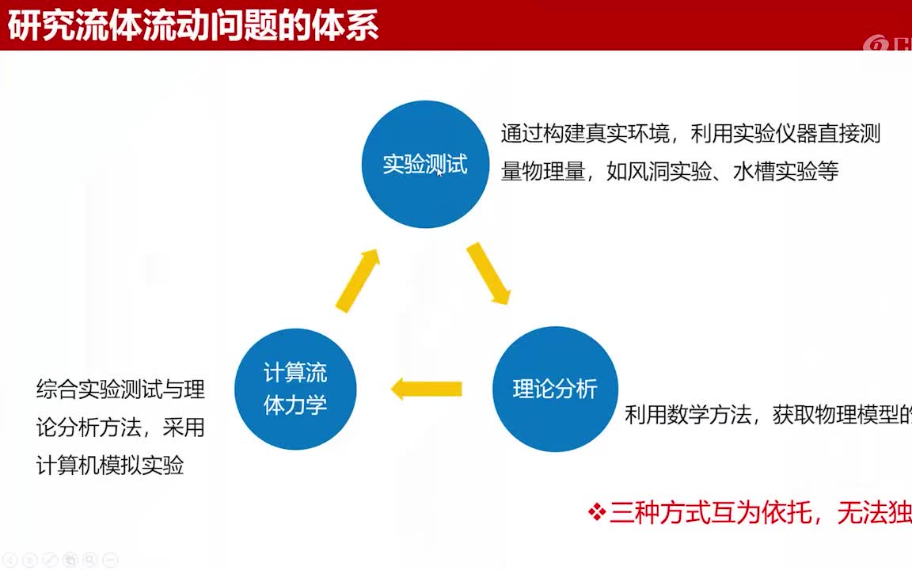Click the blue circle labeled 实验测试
425,165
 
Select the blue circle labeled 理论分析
555,389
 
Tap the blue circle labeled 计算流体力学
295,389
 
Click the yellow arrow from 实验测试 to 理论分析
488,273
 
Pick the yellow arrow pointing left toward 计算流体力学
427,389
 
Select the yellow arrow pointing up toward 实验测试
358,279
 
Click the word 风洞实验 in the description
659,172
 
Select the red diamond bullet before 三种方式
597,513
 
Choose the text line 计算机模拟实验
110,465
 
